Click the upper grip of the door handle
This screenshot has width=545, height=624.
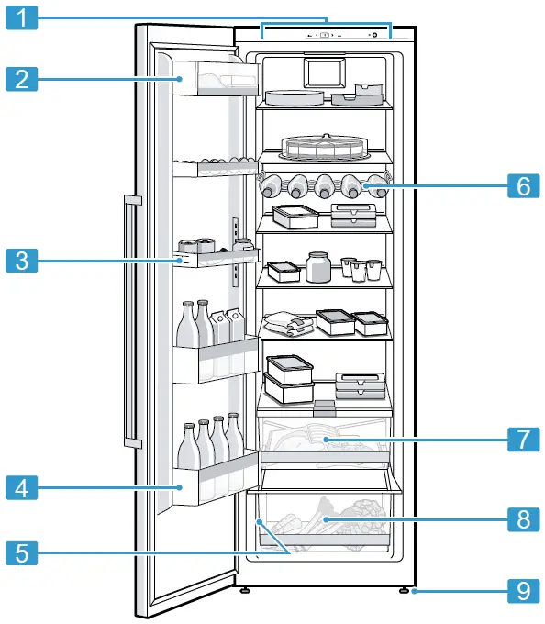[131, 200]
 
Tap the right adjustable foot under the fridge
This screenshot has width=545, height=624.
[404, 591]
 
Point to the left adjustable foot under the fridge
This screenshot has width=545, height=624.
[245, 591]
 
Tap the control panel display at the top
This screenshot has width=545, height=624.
[325, 36]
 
